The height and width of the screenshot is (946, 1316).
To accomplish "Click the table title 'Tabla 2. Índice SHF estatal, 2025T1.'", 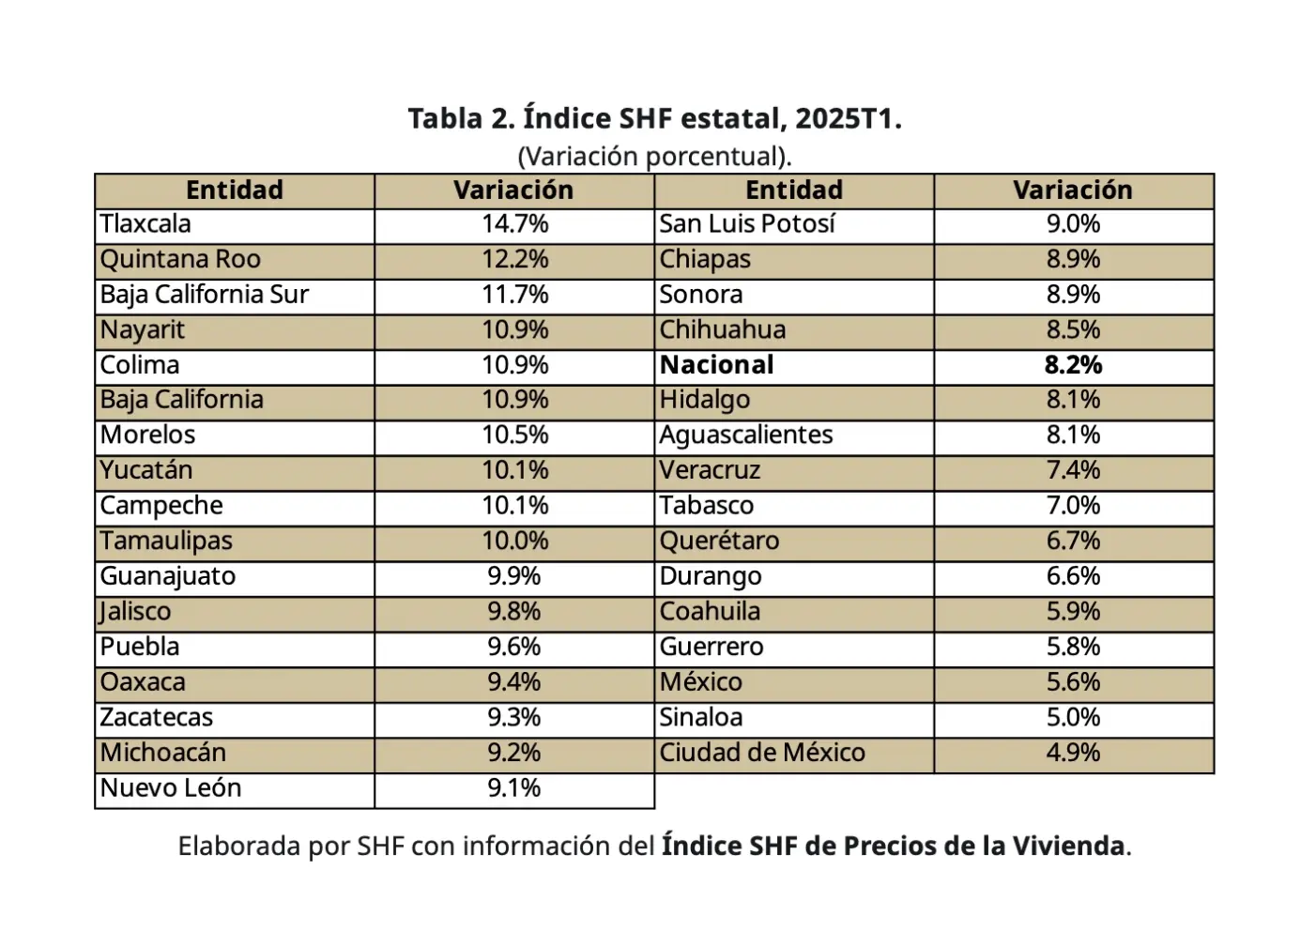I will click(654, 119).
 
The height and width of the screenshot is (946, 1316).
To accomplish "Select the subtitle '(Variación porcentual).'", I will click(654, 156).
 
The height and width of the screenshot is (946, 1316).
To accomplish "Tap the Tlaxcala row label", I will click(145, 224).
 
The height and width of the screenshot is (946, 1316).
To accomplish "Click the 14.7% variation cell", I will click(514, 224).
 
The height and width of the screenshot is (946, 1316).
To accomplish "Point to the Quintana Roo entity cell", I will click(180, 260).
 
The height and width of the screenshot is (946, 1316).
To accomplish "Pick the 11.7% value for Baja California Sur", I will click(514, 295).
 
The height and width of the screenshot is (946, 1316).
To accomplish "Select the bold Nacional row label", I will click(716, 365).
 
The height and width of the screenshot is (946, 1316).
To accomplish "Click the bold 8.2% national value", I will click(1073, 365).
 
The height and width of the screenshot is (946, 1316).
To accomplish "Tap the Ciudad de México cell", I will click(762, 753).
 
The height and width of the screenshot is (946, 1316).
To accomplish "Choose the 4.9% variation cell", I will click(1073, 753).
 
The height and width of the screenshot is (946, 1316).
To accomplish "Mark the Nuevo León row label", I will click(171, 788).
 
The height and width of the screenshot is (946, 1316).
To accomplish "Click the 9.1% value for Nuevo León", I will click(514, 788).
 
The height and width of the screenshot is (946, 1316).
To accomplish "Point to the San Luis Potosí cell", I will click(747, 224).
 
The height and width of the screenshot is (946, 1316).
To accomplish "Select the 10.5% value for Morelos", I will click(514, 435).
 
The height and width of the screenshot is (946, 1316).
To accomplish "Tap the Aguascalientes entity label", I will click(746, 435).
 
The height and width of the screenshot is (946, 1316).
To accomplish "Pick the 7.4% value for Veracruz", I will click(1073, 470).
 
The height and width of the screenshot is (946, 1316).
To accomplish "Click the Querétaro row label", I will click(719, 542).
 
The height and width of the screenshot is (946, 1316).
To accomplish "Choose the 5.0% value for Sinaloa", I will click(1073, 718).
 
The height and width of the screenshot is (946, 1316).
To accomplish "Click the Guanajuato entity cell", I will click(168, 576).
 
